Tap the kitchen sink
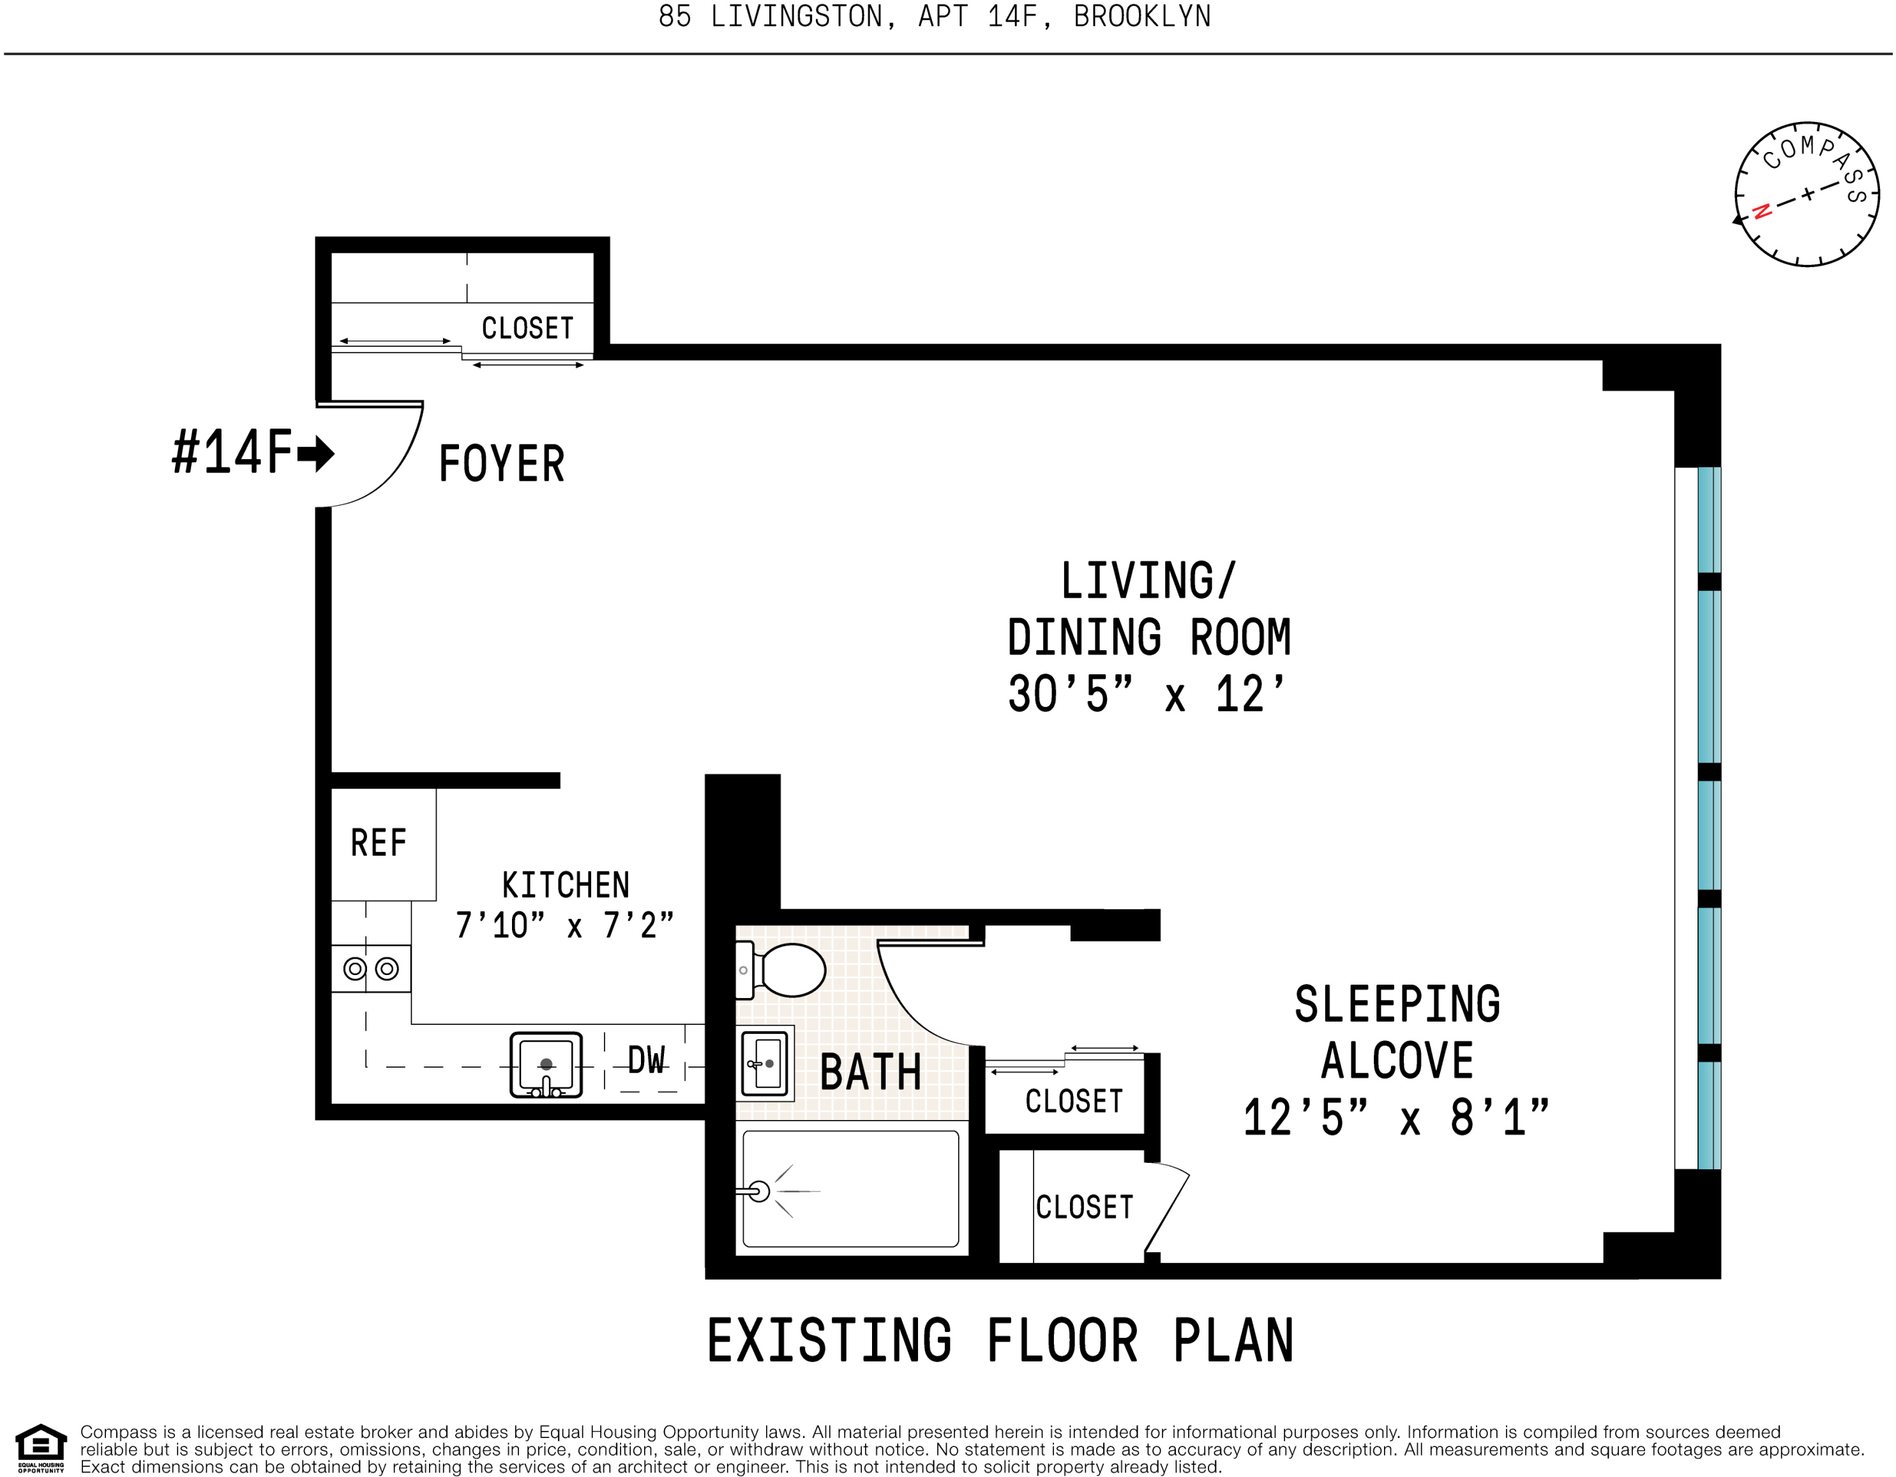(546, 1064)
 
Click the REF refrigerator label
(379, 843)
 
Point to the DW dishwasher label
(647, 1060)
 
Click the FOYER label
(502, 464)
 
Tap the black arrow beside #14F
(316, 453)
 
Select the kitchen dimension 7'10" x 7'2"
(564, 926)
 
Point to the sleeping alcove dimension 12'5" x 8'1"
(1396, 1117)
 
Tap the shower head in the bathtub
(757, 1192)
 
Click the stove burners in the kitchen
(371, 968)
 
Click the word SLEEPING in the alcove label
(1397, 1004)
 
